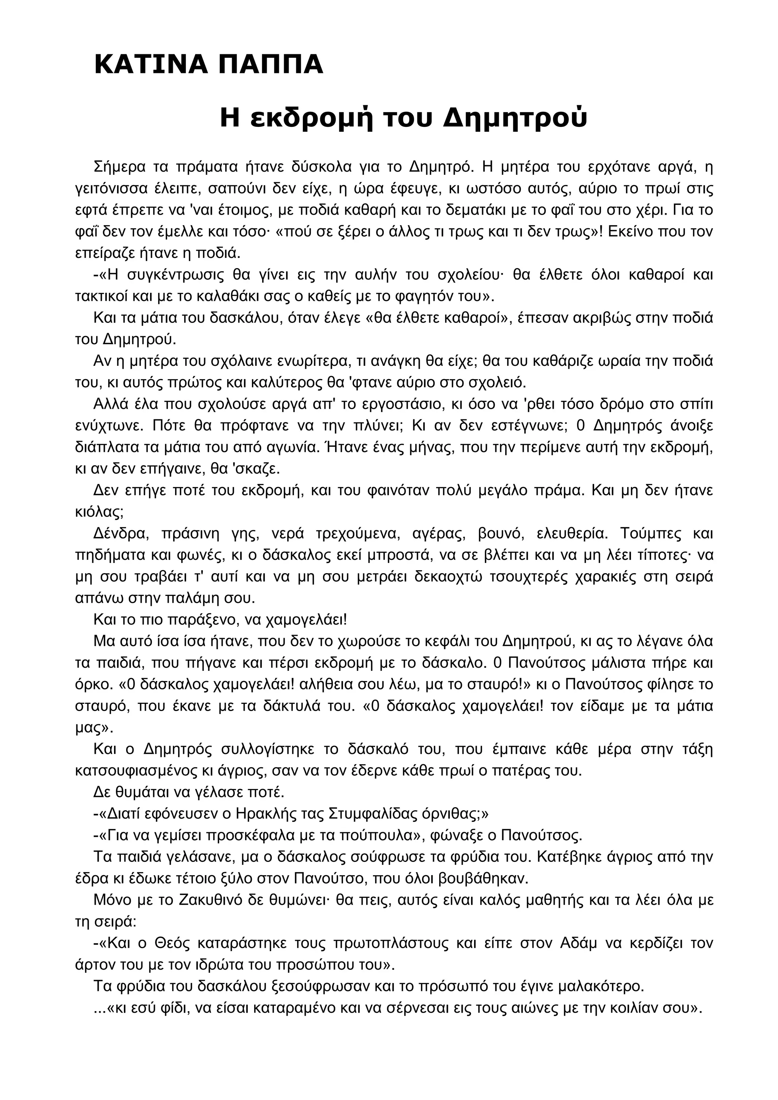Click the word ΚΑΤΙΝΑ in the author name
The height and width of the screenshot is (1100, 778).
point(150,65)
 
